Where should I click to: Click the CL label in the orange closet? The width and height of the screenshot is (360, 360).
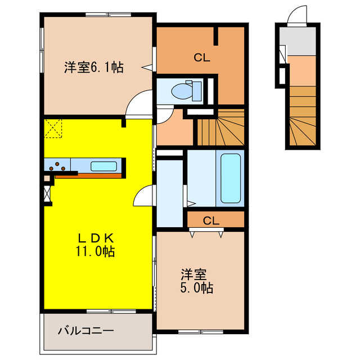tap(202, 57)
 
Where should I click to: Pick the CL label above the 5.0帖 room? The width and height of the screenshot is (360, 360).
tap(211, 220)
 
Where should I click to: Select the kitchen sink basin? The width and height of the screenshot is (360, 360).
tap(104, 166)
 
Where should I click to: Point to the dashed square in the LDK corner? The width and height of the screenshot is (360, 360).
tap(53, 129)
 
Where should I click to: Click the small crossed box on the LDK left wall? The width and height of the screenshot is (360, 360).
tap(46, 193)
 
